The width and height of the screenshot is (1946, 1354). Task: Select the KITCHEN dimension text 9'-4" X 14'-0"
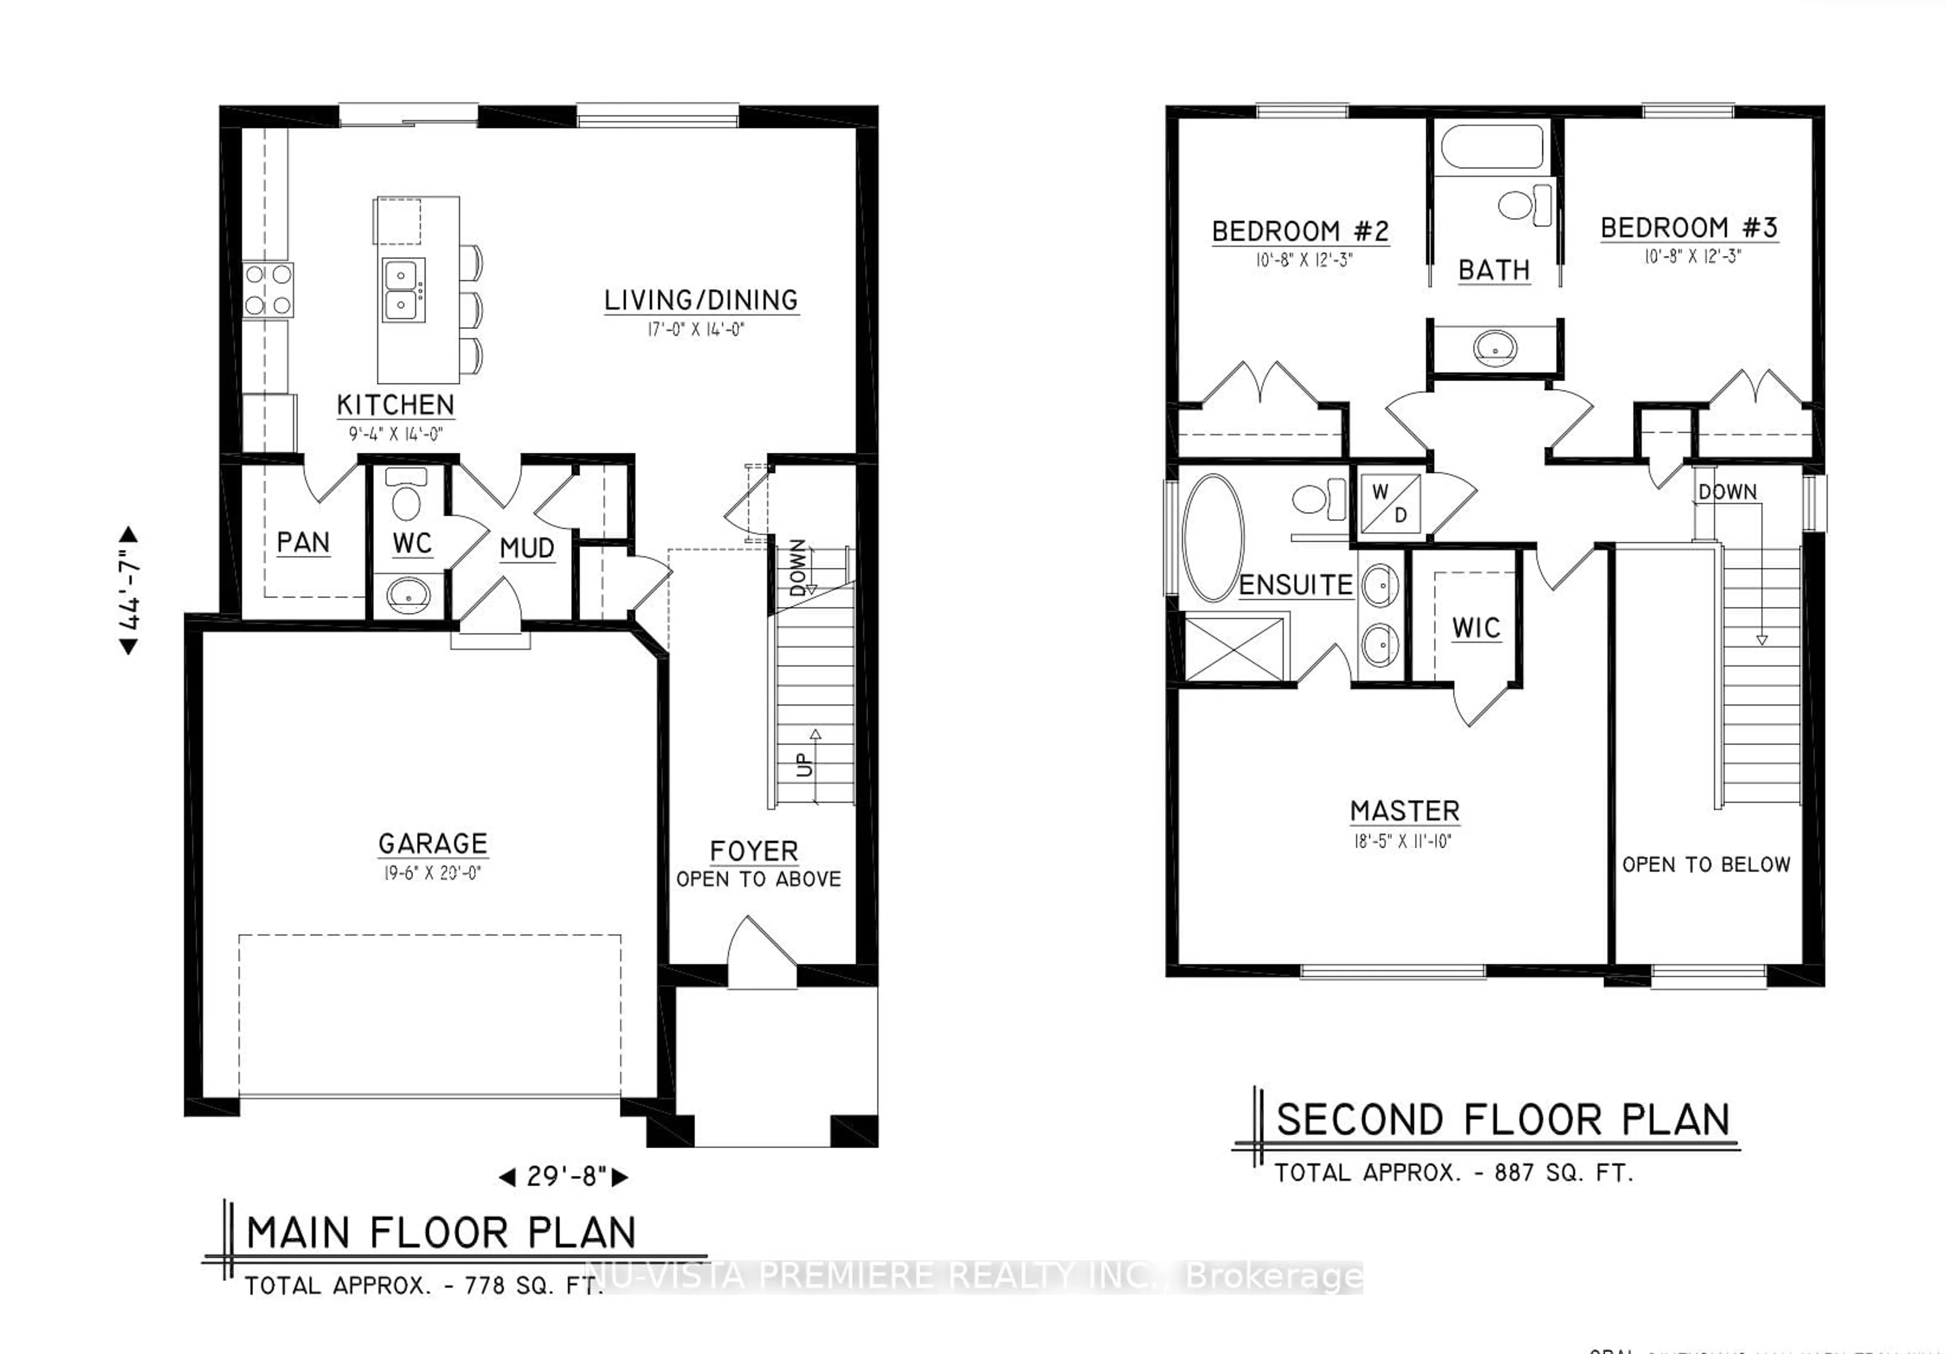coord(396,434)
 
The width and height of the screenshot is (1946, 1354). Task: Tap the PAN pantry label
coord(303,542)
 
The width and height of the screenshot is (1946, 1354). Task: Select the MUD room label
coord(527,548)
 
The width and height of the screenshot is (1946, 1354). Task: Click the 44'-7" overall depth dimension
coord(129,590)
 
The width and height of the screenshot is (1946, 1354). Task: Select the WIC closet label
coord(1476,628)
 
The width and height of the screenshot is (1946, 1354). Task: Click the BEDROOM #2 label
coord(1300,231)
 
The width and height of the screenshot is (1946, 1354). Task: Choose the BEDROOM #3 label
coord(1689,227)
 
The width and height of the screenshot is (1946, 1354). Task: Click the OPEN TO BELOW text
coord(1705,865)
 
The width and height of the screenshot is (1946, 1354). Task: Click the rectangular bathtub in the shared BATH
coord(1492,147)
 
